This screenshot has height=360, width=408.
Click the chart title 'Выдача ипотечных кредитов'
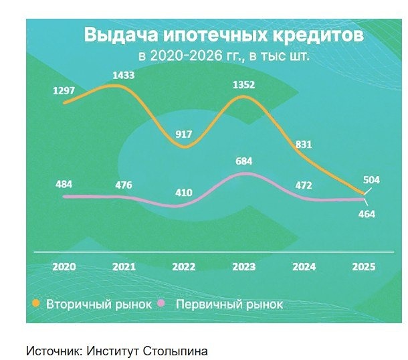pos(223,35)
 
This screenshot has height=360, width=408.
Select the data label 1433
pos(123,76)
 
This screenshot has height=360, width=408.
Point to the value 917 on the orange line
pos(183,134)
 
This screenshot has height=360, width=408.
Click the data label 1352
pos(243,85)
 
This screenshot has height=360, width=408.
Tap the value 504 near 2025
pos(371,179)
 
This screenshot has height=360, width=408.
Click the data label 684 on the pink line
pos(243,161)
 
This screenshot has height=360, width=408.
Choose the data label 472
pos(304,185)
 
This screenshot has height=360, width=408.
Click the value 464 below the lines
pos(367,214)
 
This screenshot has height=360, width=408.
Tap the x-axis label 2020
pos(64,266)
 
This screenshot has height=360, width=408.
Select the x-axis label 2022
pos(183,266)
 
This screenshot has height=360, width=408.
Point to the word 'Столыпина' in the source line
pos(179,350)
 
